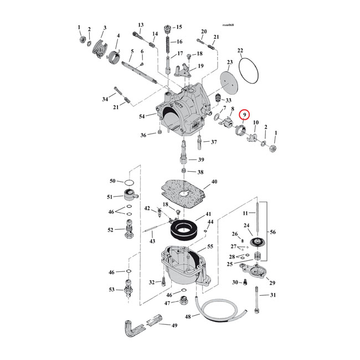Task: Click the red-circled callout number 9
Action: coord(242,115)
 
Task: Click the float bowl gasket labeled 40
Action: coord(183,193)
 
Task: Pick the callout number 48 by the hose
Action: coord(188,316)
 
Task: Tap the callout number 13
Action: coord(141,25)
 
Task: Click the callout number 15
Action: coord(178,27)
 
